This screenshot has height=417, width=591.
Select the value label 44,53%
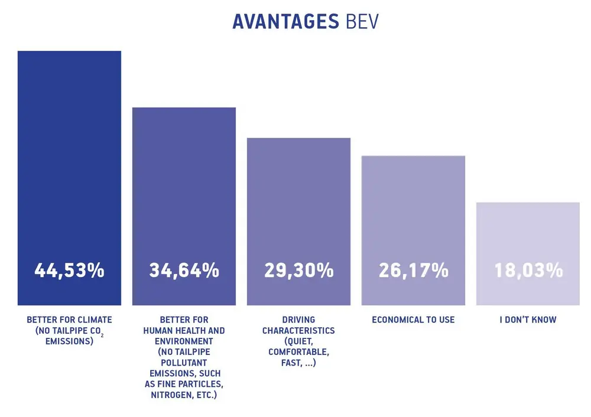[69, 271]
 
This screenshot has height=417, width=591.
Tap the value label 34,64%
[184, 271]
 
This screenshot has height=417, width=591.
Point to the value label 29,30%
[298, 271]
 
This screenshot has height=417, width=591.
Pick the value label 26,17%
[413, 271]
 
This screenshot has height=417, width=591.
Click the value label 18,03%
[528, 271]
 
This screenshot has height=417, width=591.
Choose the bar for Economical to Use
[413, 207]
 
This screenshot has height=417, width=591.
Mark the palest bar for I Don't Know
[528, 230]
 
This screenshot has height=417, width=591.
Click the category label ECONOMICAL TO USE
[413, 320]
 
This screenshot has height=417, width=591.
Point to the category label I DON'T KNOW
[528, 320]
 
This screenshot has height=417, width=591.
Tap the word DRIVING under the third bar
[298, 320]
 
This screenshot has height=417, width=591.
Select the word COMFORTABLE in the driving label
[298, 352]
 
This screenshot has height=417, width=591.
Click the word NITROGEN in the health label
[171, 395]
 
